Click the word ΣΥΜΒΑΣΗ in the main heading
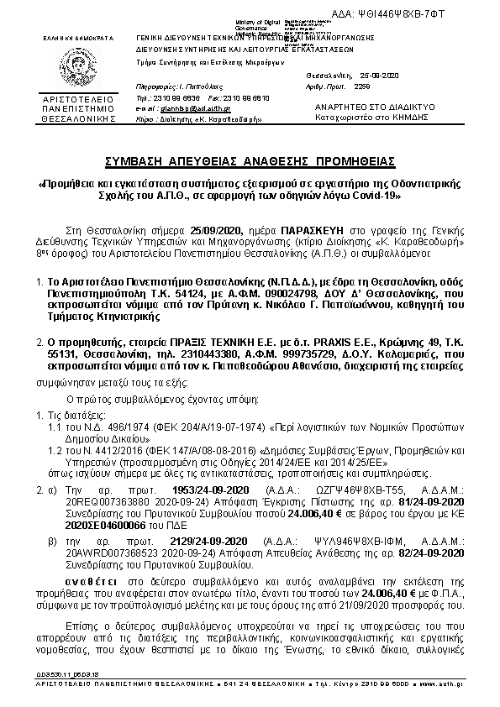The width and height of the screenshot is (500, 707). coord(139,160)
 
